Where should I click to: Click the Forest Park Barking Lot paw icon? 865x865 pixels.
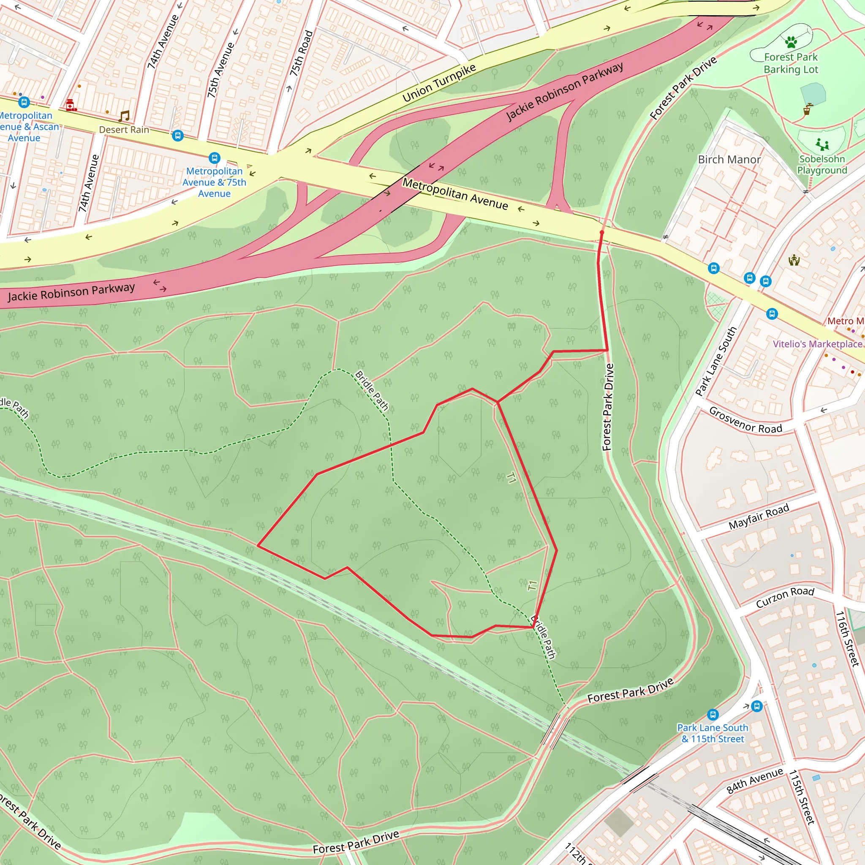(791, 42)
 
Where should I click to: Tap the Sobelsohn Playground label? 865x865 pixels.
(822, 165)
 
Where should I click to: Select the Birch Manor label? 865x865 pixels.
(729, 159)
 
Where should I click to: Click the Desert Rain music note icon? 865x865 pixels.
(124, 117)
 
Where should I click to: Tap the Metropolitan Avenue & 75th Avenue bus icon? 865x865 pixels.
(215, 158)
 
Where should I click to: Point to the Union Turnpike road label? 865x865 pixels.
(439, 83)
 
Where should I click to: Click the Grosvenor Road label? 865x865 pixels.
(745, 420)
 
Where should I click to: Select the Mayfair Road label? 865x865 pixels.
(759, 517)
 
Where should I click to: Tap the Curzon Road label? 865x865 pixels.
(785, 597)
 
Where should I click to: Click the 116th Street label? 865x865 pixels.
(848, 639)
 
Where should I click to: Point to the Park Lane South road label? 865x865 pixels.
(716, 362)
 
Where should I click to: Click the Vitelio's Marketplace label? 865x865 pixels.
(818, 344)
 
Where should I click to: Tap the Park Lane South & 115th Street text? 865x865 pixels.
(713, 733)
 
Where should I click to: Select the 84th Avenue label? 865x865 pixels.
(755, 781)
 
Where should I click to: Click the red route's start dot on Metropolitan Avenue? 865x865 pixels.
(602, 233)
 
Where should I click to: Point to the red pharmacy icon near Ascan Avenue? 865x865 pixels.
(70, 105)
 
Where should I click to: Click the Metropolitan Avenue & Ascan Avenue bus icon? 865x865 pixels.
(24, 102)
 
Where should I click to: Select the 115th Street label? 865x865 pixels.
(801, 797)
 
